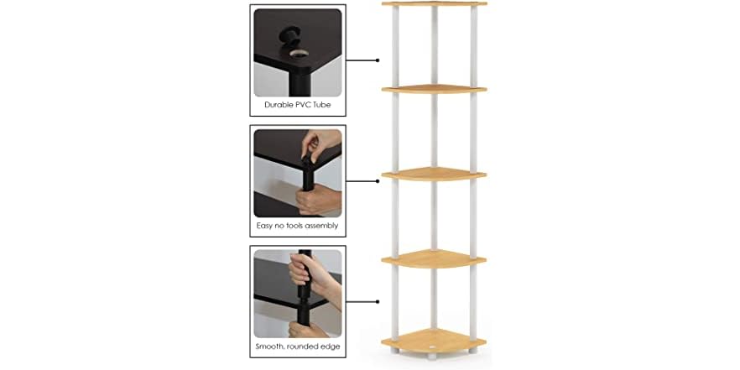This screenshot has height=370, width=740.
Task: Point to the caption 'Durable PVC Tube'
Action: (297, 105)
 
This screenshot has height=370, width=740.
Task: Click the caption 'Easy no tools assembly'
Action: (297, 226)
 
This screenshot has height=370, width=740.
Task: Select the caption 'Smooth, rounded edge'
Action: (297, 346)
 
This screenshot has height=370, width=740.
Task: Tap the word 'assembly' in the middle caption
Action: (319, 226)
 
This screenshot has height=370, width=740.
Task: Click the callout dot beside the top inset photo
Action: (378, 60)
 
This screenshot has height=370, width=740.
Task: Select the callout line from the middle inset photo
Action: (362, 180)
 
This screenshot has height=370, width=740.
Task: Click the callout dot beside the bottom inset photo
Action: (378, 300)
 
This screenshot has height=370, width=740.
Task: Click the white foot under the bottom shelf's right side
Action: (473, 357)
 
